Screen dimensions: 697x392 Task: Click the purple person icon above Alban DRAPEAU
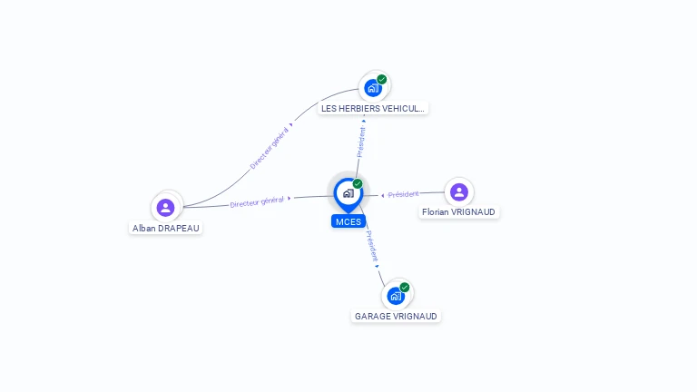(x=165, y=208)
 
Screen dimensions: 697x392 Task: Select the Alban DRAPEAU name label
(x=166, y=229)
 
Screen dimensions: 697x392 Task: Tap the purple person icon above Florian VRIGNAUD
(x=459, y=192)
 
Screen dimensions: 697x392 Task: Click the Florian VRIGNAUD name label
(x=458, y=212)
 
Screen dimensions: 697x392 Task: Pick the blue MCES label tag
(x=348, y=221)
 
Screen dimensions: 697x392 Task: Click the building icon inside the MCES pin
(x=348, y=193)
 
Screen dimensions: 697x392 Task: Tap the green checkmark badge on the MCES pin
(x=358, y=183)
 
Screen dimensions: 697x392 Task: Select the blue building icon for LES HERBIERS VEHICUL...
(x=373, y=88)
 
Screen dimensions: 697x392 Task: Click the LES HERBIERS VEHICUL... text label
(x=373, y=109)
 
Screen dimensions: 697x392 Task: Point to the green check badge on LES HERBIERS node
(x=382, y=80)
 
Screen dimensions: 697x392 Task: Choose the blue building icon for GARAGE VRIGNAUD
(x=396, y=296)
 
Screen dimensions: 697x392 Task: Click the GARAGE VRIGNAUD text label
(x=396, y=316)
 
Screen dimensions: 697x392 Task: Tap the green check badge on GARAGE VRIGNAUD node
(x=405, y=287)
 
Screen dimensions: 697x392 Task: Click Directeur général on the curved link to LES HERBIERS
(x=269, y=149)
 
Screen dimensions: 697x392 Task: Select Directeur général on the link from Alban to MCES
(x=257, y=201)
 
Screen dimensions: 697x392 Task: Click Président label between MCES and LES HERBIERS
(x=361, y=142)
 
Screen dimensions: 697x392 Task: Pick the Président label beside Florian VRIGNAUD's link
(x=403, y=194)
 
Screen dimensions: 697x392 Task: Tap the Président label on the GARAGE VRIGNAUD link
(x=372, y=246)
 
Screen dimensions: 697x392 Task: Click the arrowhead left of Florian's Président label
(x=382, y=196)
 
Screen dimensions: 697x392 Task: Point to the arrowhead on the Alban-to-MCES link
(x=290, y=198)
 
